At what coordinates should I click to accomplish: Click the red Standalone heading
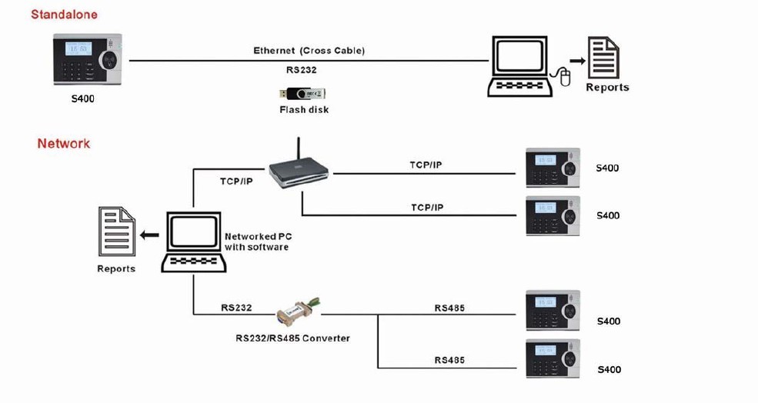64,15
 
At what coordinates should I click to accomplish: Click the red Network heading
63,144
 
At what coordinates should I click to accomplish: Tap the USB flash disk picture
303,94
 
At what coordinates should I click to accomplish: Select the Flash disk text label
303,110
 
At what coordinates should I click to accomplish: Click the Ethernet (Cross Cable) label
309,51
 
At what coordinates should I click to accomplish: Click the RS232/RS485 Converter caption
292,338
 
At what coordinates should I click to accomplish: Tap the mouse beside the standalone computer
565,77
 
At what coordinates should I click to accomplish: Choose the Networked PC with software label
256,241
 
